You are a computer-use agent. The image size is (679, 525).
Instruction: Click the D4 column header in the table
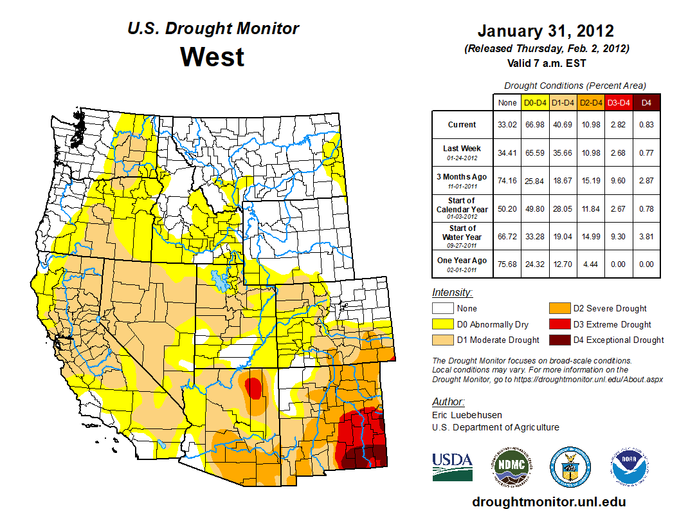[x=646, y=102]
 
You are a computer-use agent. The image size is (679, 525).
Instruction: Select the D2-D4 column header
[x=591, y=102]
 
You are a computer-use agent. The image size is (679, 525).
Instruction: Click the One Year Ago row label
[x=462, y=261]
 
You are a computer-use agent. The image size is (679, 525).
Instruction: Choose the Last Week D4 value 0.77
[x=646, y=152]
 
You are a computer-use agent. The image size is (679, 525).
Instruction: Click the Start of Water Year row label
[x=462, y=232]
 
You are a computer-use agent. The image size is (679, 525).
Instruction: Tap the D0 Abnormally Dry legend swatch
[x=442, y=324]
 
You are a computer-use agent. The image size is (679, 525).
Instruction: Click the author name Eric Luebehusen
[x=466, y=415]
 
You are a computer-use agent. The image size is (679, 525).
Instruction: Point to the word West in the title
[x=212, y=57]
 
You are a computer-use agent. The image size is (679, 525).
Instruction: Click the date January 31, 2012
[x=545, y=31]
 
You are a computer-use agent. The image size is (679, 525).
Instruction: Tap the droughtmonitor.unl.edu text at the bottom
[x=548, y=502]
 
